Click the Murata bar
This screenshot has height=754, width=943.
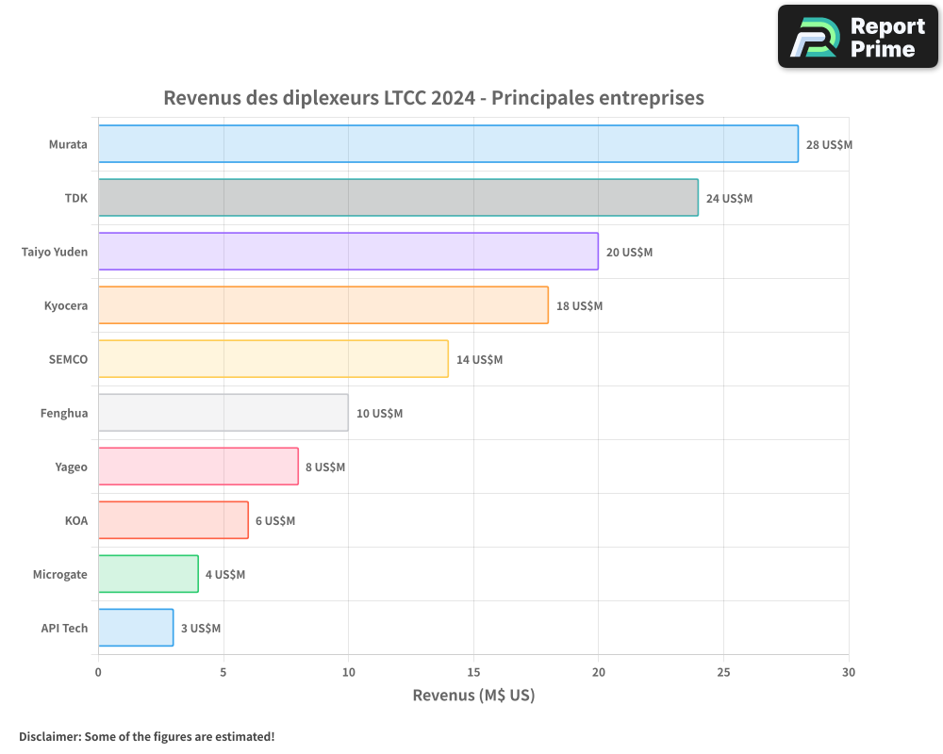click(x=448, y=144)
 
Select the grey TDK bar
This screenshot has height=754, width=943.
click(x=398, y=198)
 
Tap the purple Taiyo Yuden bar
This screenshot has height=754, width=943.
click(x=348, y=252)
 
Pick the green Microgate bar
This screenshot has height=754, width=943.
click(x=148, y=574)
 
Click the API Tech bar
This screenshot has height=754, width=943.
click(x=136, y=628)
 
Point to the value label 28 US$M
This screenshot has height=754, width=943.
click(x=829, y=145)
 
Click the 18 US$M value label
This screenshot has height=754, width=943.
click(x=579, y=306)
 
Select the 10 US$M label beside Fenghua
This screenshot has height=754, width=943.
click(x=379, y=414)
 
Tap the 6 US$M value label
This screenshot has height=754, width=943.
click(x=275, y=521)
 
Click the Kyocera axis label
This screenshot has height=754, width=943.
click(x=66, y=305)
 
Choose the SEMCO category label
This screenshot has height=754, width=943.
click(x=68, y=359)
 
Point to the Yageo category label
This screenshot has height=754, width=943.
click(x=72, y=467)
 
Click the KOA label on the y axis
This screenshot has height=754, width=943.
click(x=76, y=520)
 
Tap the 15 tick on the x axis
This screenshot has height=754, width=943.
click(x=473, y=672)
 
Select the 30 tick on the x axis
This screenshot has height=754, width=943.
click(x=849, y=672)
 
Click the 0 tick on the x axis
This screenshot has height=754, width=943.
click(x=98, y=672)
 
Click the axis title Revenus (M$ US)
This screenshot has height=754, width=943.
click(x=473, y=696)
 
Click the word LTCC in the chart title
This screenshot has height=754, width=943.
click(x=404, y=98)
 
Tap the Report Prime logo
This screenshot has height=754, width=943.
click(x=858, y=37)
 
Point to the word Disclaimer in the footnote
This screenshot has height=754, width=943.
click(x=48, y=736)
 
